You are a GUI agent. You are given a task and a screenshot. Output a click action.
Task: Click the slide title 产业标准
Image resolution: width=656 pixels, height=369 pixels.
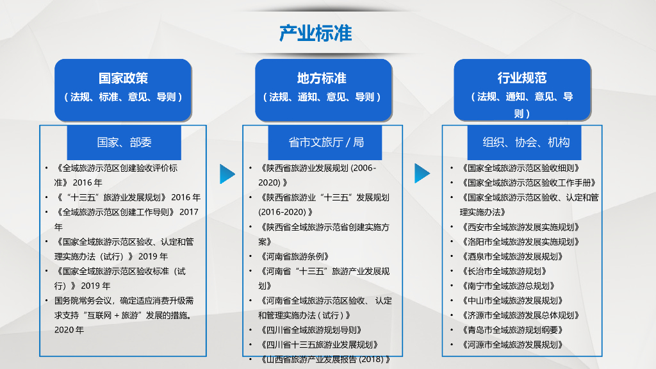(315, 33)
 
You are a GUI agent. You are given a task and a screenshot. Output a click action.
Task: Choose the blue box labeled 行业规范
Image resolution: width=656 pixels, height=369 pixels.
(522, 90)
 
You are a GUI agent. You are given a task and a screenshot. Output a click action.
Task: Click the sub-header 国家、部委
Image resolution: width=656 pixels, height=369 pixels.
(124, 142)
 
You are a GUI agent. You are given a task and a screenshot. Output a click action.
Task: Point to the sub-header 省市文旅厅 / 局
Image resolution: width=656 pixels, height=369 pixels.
(326, 142)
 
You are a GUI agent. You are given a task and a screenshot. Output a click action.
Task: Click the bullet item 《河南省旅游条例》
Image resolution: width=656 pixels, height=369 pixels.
(293, 256)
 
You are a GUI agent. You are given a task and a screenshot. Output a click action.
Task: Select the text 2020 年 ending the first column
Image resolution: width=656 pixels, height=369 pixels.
(69, 330)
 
